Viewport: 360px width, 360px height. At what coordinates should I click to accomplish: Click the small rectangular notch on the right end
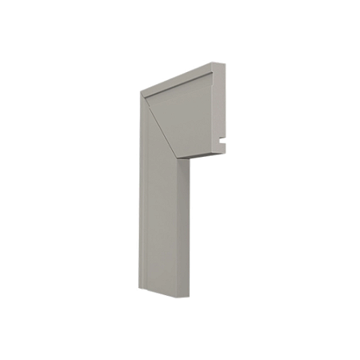224,145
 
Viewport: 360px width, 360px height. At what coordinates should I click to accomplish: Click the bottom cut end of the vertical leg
164,294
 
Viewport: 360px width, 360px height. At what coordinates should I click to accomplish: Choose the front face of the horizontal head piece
188,120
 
